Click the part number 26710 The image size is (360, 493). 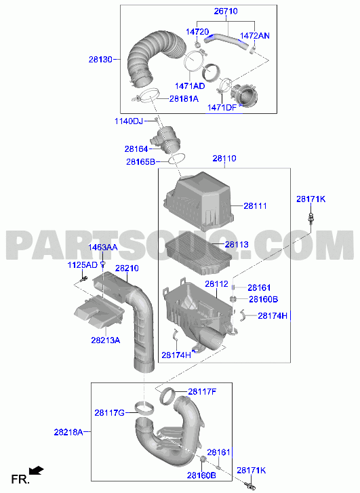pos(226,12)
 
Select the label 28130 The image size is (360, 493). pos(100,60)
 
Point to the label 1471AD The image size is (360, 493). pos(190,86)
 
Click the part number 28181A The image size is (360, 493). pos(184,99)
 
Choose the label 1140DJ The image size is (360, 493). pos(129,121)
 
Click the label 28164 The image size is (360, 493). pos(136,149)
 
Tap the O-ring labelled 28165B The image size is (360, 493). pos(177,159)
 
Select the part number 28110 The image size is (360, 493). pos(224,159)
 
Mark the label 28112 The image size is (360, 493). pos(216,284)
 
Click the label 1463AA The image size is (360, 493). pos(102,248)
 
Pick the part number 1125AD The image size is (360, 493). pos(83,265)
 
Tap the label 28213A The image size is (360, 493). pos(106,340)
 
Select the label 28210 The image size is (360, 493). pos(127,268)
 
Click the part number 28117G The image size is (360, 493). pos(109,412)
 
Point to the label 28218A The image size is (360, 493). pos(68,433)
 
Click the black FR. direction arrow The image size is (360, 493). pos(36,471)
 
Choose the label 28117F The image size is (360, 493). pos(202,392)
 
